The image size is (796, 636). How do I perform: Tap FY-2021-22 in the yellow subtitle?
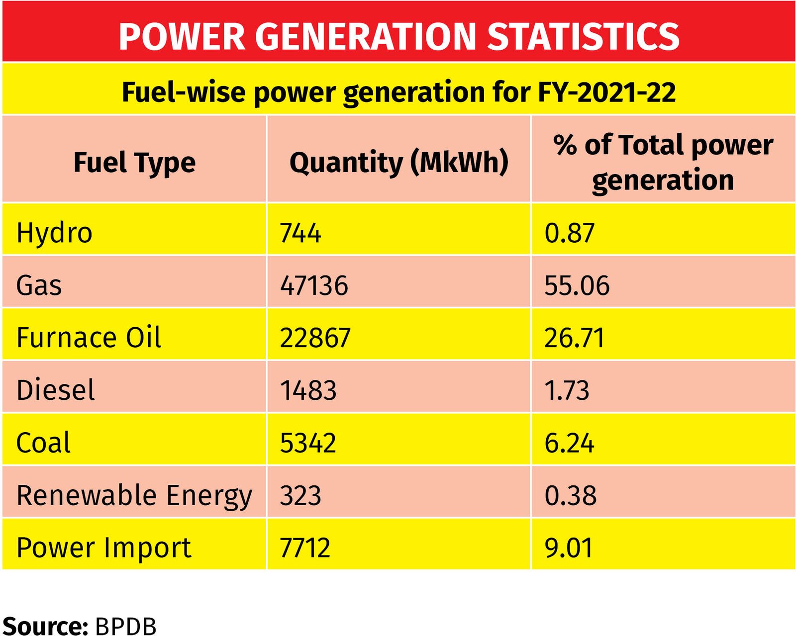click(607, 92)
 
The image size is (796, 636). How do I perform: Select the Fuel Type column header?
click(134, 163)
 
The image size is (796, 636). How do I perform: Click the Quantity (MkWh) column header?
click(399, 163)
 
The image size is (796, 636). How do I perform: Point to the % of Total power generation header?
click(663, 162)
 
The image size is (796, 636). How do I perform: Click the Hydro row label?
click(54, 233)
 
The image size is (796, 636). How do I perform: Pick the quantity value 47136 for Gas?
click(314, 285)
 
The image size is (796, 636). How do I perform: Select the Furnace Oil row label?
click(89, 338)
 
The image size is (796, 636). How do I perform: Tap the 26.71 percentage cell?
click(575, 338)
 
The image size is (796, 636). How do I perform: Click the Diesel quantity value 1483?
click(308, 390)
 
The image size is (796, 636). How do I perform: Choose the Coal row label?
click(43, 443)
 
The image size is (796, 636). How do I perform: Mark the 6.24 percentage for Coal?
click(569, 443)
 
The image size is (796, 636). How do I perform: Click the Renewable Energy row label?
click(134, 496)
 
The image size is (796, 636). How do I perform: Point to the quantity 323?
click(300, 496)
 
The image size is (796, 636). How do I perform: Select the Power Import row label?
click(103, 548)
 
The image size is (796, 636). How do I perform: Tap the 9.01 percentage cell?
click(569, 548)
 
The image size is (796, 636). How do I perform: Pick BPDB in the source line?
click(125, 626)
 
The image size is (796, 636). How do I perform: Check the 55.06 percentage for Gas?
click(577, 285)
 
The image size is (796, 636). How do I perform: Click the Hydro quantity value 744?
click(300, 233)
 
